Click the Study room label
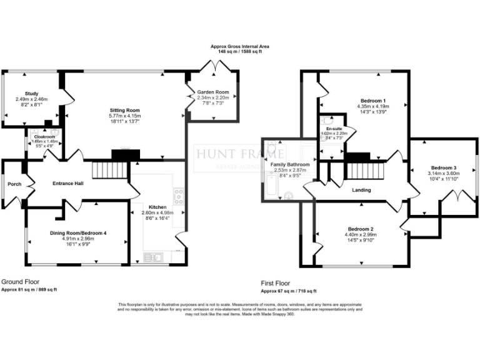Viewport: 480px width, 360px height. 31,93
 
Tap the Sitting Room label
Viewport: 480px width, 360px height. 124,110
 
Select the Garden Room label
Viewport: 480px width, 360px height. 213,92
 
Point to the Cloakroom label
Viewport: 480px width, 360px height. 44,136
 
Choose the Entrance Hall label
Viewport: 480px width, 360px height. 59,184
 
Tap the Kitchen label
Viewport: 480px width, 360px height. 156,206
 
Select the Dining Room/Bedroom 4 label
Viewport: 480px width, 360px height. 78,233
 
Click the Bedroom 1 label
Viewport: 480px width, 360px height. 372,101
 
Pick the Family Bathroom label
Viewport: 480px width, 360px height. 290,164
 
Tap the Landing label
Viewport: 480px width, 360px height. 361,190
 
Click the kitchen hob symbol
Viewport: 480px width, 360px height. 178,196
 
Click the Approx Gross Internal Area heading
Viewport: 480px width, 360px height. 240,47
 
